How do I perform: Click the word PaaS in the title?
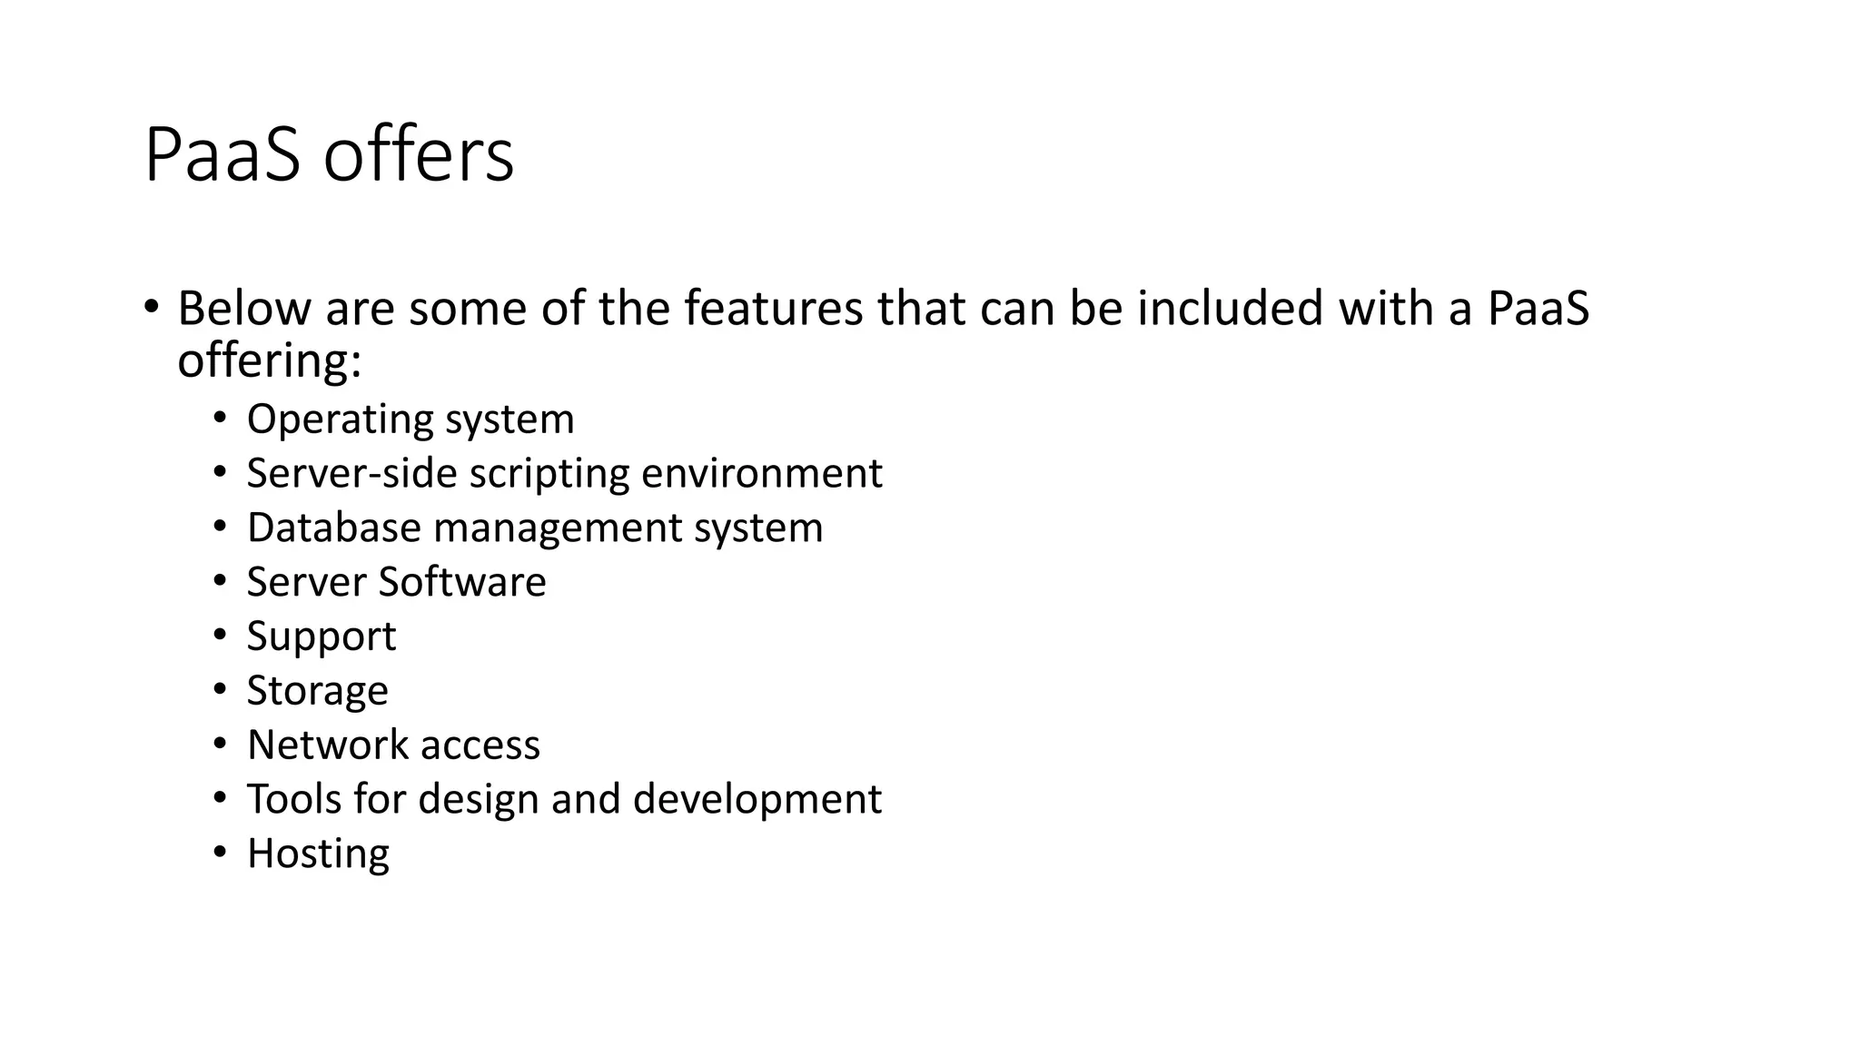tap(222, 155)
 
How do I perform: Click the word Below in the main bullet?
tap(243, 308)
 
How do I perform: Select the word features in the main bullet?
tap(773, 308)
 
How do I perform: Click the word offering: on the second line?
tap(270, 360)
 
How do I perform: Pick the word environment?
tap(762, 473)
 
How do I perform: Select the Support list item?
tap(322, 636)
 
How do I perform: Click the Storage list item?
tap(317, 691)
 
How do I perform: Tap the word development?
tap(757, 800)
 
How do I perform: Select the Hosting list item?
tap(318, 854)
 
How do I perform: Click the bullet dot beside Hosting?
tap(220, 853)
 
